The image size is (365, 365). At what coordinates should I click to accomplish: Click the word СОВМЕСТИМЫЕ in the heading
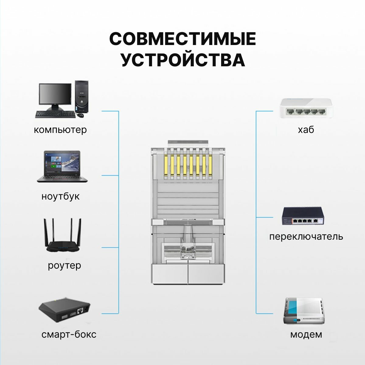coord(182,39)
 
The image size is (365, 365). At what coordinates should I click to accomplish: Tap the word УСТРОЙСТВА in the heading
coord(183,60)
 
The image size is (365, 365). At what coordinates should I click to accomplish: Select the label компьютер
coord(60,130)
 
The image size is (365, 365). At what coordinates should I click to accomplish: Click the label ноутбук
coord(60,196)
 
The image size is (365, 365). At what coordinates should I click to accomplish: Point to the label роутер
coord(64,265)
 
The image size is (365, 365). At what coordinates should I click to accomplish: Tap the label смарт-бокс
coord(69,335)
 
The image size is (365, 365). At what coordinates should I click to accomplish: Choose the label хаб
coord(306,130)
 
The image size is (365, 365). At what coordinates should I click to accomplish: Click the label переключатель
coord(306,236)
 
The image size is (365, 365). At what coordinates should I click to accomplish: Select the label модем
coord(306,335)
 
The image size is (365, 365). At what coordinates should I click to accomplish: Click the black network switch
coord(304,217)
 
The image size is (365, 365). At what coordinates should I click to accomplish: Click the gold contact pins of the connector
coord(188,166)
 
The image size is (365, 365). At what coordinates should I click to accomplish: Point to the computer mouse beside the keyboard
coord(80,116)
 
